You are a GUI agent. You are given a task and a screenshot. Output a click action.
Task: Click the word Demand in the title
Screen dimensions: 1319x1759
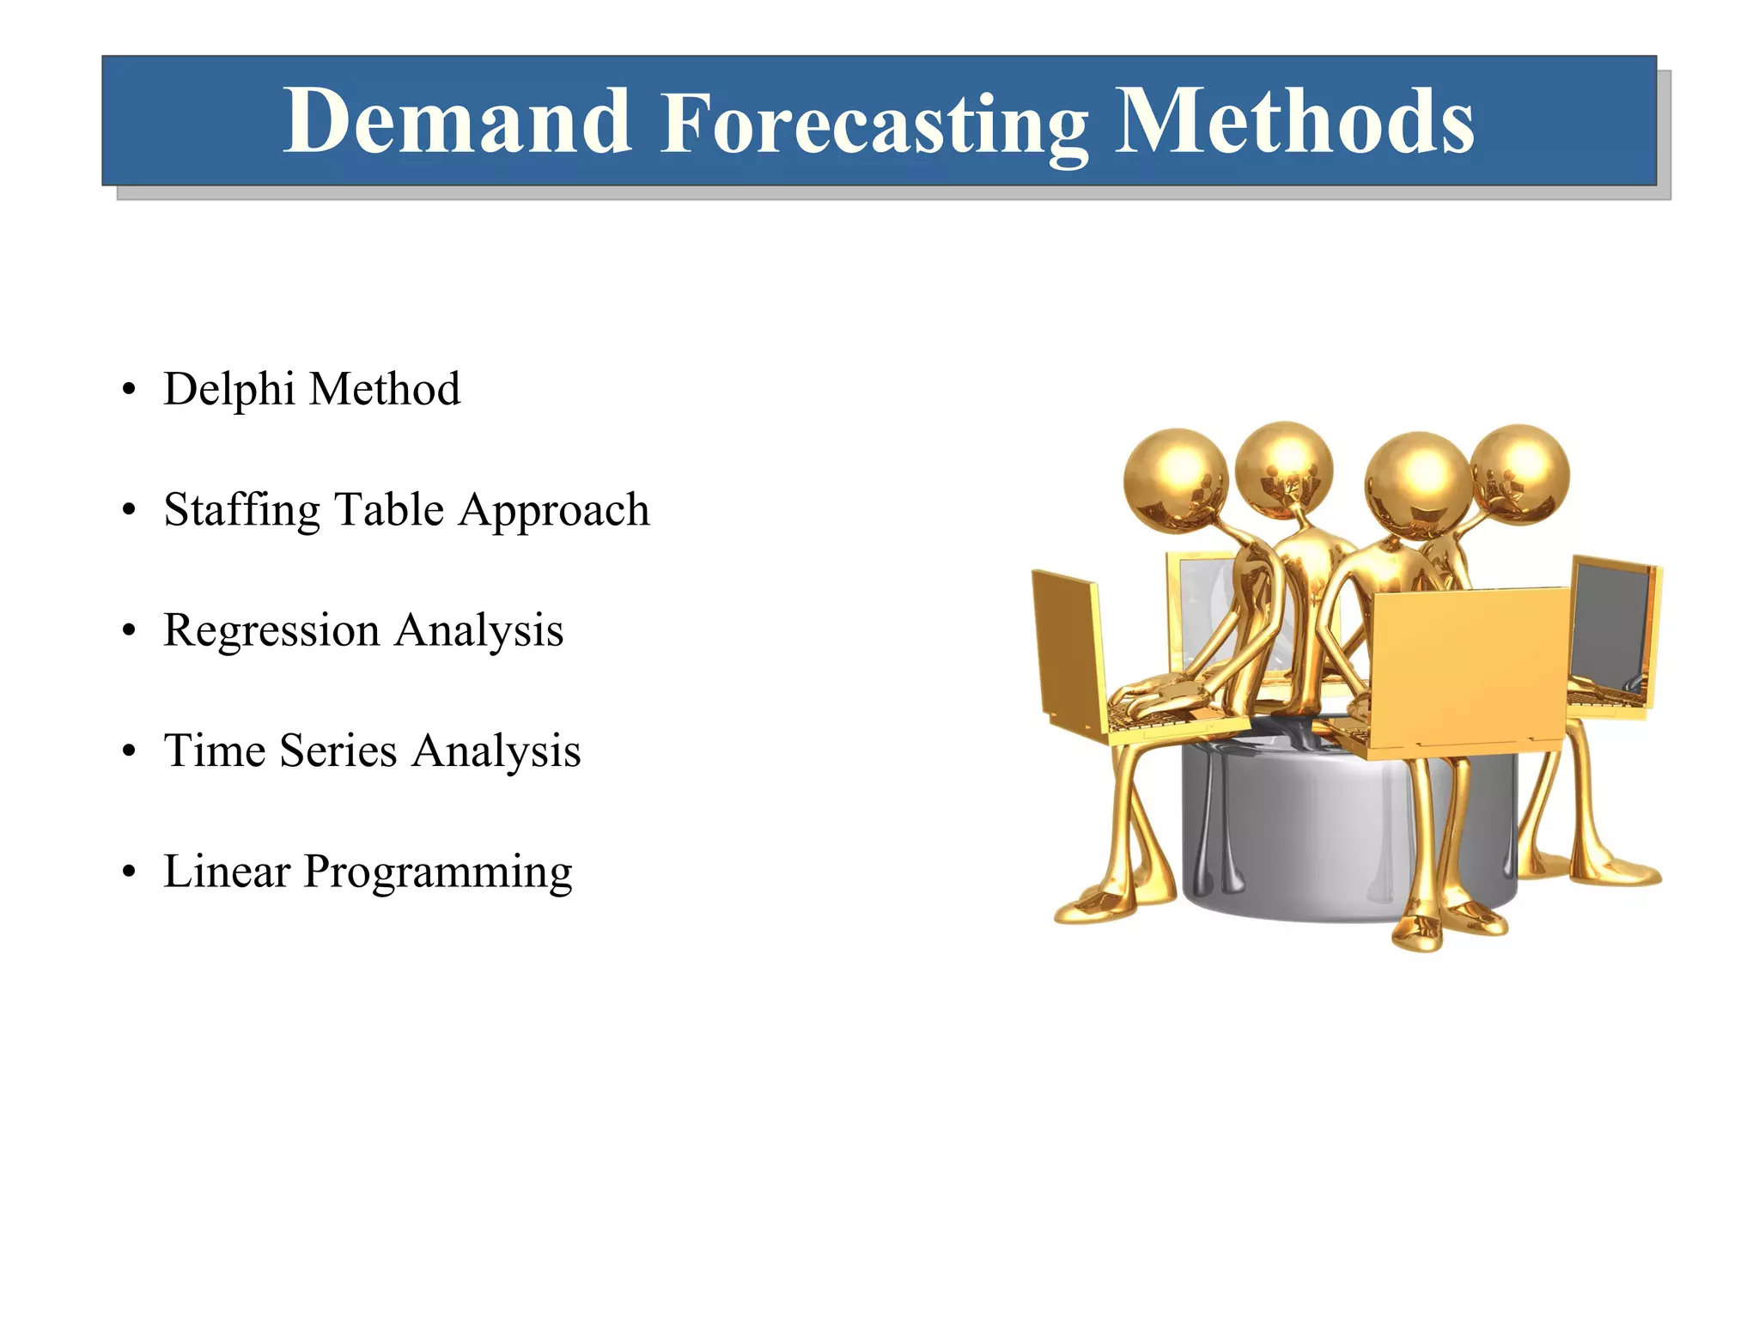pyautogui.click(x=457, y=122)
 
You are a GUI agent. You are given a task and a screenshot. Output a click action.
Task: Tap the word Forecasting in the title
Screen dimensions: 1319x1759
pyautogui.click(x=874, y=125)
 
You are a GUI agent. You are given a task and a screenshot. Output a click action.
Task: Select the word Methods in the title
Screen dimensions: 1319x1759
pyautogui.click(x=1293, y=122)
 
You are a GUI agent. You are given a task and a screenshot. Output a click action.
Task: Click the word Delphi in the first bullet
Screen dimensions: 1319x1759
pyautogui.click(x=228, y=389)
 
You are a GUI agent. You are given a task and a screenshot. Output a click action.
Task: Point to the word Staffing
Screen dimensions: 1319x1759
pyautogui.click(x=241, y=511)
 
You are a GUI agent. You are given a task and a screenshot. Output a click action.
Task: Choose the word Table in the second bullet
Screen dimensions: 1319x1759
pyautogui.click(x=388, y=509)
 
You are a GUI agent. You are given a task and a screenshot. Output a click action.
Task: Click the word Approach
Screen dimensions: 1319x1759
pyautogui.click(x=554, y=511)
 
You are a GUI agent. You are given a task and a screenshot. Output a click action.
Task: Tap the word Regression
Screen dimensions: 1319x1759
pyautogui.click(x=271, y=630)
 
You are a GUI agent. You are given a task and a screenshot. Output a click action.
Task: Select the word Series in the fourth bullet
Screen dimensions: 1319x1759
pyautogui.click(x=338, y=751)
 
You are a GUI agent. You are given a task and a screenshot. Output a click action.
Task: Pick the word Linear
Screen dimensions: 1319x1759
pyautogui.click(x=227, y=871)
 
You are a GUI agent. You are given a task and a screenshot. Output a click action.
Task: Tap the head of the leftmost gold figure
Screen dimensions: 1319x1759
pyautogui.click(x=1175, y=479)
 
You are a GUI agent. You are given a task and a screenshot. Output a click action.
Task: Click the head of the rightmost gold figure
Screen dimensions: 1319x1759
pyautogui.click(x=1520, y=472)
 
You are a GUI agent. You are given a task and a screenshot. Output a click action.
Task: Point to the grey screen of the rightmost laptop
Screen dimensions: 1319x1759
pyautogui.click(x=1611, y=627)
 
